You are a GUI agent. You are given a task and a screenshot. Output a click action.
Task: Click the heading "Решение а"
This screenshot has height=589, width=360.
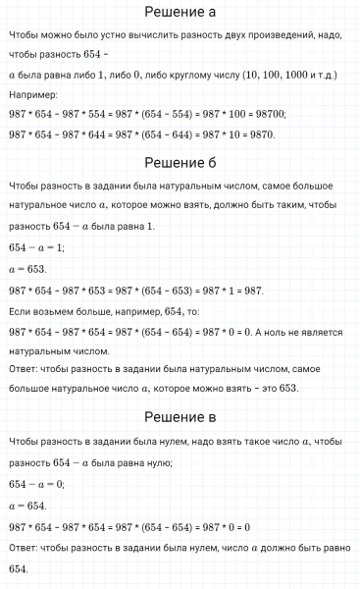point(180,13)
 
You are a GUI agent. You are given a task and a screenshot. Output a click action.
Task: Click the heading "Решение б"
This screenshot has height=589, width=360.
point(180,162)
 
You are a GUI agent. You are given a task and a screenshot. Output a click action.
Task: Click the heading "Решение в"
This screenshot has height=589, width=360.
point(180,417)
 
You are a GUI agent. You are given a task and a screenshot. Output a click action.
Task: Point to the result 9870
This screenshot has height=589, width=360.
point(257,134)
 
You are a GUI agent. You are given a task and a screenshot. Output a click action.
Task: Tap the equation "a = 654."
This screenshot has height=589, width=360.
point(27,505)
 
